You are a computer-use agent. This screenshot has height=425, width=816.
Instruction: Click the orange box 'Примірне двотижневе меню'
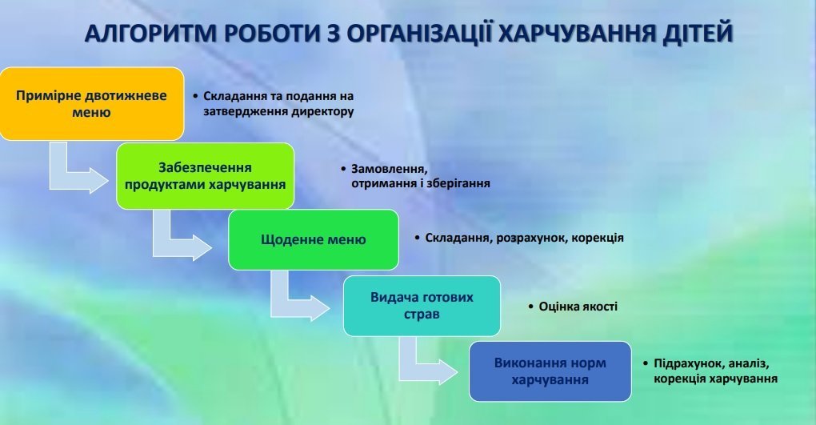tap(91, 103)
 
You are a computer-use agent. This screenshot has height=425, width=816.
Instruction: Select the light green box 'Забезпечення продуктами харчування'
tap(205, 176)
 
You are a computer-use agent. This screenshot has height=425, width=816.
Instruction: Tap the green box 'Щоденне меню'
tap(314, 239)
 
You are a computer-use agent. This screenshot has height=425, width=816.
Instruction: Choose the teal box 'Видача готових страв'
tap(422, 306)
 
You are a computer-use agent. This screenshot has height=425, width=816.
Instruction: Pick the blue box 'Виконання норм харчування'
tap(550, 371)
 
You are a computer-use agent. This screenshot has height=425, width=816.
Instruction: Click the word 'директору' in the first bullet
tap(322, 111)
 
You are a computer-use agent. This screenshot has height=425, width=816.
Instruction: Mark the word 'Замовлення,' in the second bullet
tap(390, 169)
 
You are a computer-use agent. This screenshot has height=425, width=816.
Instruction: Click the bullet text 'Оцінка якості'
tap(578, 307)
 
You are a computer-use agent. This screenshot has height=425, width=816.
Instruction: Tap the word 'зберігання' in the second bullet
tap(457, 183)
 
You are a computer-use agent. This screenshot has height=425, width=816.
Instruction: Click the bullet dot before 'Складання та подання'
tap(195, 96)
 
